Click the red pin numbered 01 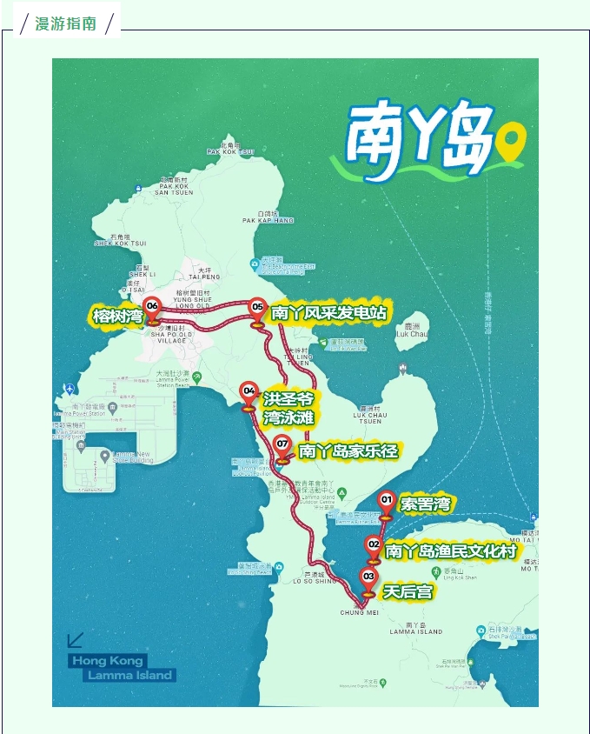(x=387, y=502)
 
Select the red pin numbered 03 (x=368, y=578)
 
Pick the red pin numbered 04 (x=249, y=394)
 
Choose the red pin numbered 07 (x=282, y=447)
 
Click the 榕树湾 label (x=117, y=316)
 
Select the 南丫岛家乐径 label (x=348, y=451)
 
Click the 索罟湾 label (x=425, y=504)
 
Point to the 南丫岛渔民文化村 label (x=450, y=551)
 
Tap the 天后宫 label (x=408, y=592)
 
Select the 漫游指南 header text (x=66, y=23)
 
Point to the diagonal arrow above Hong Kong (x=76, y=640)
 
